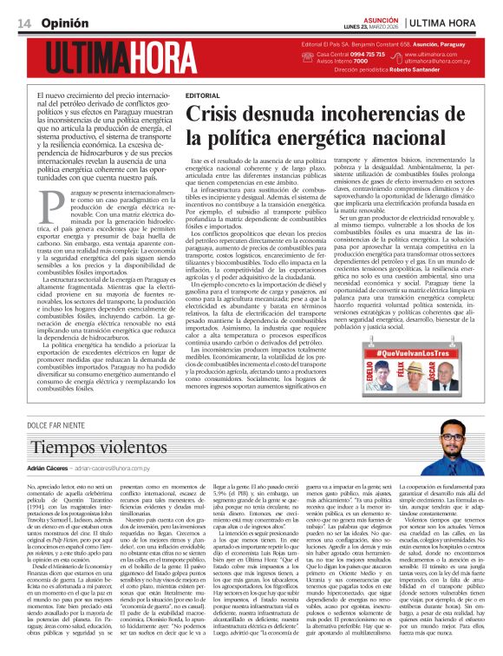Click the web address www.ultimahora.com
point(435,54)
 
